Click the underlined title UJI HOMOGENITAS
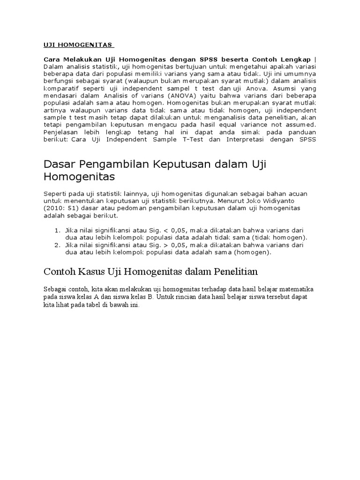[78, 45]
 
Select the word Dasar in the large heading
[60, 164]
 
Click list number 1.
[57, 231]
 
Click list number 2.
[57, 245]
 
